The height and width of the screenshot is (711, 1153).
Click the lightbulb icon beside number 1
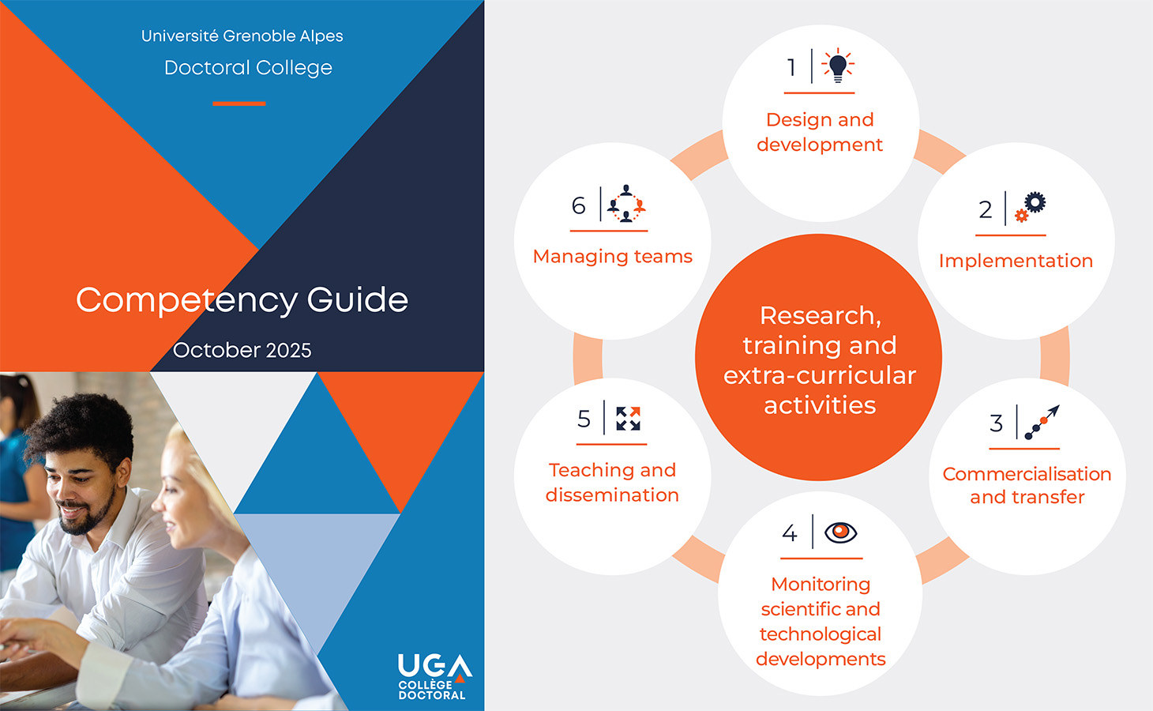point(838,66)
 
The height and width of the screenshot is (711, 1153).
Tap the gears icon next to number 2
point(1030,207)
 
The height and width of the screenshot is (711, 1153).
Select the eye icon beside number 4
point(840,532)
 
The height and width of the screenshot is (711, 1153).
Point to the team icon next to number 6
point(626,204)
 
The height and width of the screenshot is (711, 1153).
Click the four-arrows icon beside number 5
point(628,418)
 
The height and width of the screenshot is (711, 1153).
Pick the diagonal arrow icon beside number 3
point(1041,422)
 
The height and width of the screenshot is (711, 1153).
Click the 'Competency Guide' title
point(242,300)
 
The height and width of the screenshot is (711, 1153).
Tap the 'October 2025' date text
point(242,350)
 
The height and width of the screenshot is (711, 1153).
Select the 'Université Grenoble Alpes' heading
point(242,36)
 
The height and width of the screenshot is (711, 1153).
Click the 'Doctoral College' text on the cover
point(248,68)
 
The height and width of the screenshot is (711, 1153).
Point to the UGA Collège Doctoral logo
point(434,676)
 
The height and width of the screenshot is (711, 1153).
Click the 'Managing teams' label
point(612,257)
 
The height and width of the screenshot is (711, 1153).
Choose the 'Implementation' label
point(1016,261)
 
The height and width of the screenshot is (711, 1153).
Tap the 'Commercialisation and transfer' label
point(1027,485)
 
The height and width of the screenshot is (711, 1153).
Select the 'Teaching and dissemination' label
point(612,482)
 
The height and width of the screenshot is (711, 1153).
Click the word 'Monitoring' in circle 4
point(821,584)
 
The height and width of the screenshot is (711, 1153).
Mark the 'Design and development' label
point(820,132)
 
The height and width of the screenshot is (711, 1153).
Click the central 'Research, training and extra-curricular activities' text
point(820,360)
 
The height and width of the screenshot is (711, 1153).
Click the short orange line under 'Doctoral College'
point(238,103)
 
